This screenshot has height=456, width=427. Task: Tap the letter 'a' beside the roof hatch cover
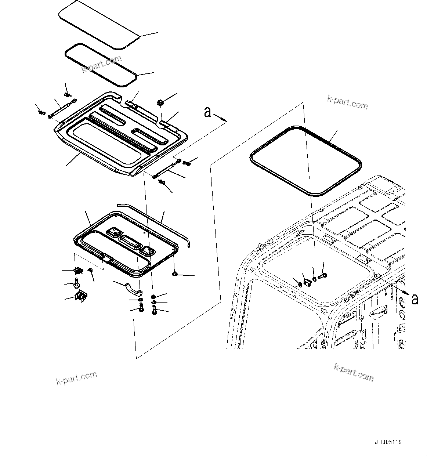[208, 112]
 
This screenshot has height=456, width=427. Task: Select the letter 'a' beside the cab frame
[415, 299]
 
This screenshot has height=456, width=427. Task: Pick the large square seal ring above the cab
[305, 160]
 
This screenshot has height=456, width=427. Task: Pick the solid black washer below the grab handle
[153, 297]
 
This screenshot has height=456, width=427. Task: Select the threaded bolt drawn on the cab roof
[323, 275]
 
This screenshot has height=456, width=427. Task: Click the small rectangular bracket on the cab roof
[308, 281]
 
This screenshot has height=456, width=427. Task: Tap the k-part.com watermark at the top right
[347, 103]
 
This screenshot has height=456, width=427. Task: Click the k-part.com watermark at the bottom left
[77, 378]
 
